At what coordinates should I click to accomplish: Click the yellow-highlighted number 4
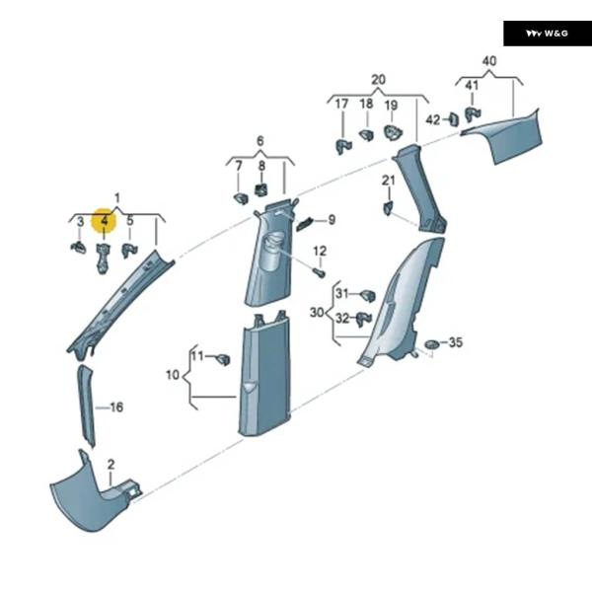pos(104,221)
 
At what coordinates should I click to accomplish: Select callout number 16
pos(116,407)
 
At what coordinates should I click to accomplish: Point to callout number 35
pos(455,342)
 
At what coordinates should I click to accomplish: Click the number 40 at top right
pos(489,61)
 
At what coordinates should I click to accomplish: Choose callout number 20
pos(379,79)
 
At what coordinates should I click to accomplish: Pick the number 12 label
pos(320,252)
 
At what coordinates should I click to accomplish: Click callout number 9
pos(332,220)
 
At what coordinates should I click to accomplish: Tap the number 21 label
pos(388,179)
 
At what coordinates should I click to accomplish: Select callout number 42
pos(432,119)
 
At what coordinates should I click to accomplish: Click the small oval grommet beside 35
pos(431,343)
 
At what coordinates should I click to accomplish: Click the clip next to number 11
pos(224,357)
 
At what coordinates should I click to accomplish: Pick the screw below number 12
pos(321,271)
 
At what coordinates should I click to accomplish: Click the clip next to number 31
pos(368,295)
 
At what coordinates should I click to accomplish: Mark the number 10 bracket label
pos(172,375)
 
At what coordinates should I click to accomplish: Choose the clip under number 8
pos(261,190)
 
